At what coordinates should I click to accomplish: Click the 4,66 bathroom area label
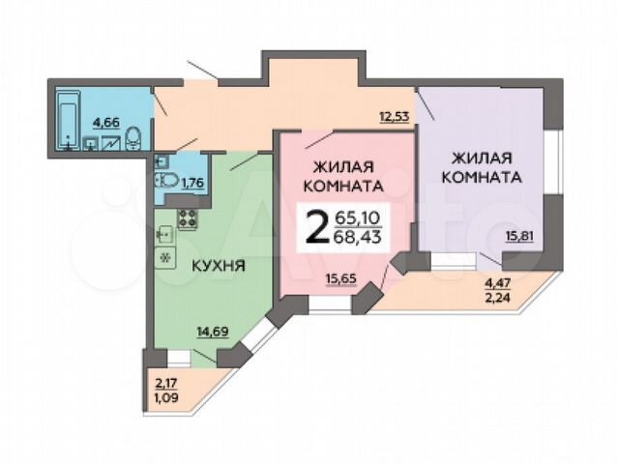pyautogui.click(x=105, y=123)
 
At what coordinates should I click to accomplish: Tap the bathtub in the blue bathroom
pyautogui.click(x=69, y=120)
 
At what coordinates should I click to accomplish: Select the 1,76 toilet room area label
pyautogui.click(x=192, y=183)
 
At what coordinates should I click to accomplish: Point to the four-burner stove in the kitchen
pyautogui.click(x=188, y=218)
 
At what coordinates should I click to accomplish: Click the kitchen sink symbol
pyautogui.click(x=165, y=235)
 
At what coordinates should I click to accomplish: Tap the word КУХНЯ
pyautogui.click(x=219, y=266)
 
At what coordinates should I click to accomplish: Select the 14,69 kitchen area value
pyautogui.click(x=213, y=332)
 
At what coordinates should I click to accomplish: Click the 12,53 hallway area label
pyautogui.click(x=395, y=117)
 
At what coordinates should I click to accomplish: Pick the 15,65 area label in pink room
pyautogui.click(x=341, y=278)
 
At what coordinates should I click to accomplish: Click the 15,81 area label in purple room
pyautogui.click(x=520, y=236)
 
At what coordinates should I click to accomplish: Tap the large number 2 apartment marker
pyautogui.click(x=318, y=227)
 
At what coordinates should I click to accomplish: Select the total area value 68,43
pyautogui.click(x=357, y=237)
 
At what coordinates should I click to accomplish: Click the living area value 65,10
pyautogui.click(x=357, y=217)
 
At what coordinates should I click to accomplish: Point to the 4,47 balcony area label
pyautogui.click(x=497, y=283)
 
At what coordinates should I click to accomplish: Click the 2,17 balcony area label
pyautogui.click(x=166, y=383)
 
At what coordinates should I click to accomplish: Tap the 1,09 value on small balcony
pyautogui.click(x=166, y=397)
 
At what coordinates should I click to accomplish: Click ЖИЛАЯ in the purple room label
pyautogui.click(x=482, y=159)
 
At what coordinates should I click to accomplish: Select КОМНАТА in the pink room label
pyautogui.click(x=343, y=187)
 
